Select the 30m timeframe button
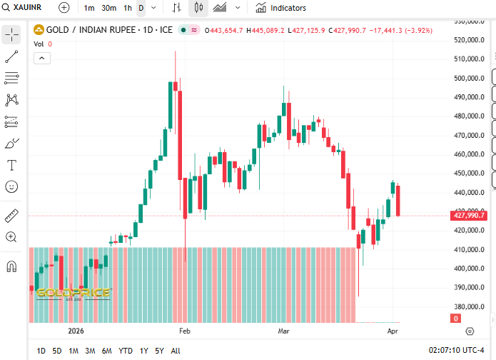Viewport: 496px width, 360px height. click(109, 8)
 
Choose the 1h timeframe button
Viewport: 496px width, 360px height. click(128, 8)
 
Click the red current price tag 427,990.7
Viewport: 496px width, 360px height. click(469, 215)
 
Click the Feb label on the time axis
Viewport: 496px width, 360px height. click(185, 331)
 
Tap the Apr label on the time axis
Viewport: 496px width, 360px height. click(392, 331)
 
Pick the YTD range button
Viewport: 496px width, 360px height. click(125, 351)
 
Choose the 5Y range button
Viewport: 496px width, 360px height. click(160, 351)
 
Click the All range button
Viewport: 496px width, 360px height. click(176, 351)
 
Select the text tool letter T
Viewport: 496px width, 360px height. click(12, 165)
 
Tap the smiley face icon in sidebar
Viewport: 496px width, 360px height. click(12, 186)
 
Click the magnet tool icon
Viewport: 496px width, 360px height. click(12, 266)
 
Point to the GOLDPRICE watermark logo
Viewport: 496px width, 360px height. click(74, 293)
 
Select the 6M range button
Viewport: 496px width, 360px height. click(106, 351)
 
